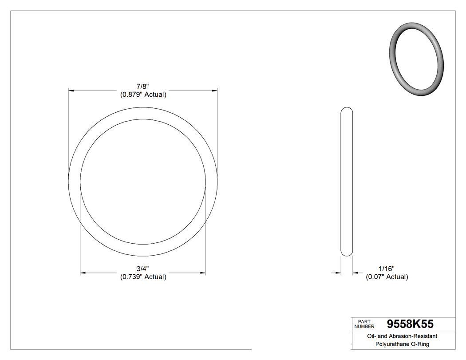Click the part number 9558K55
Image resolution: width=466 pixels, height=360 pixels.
(410, 324)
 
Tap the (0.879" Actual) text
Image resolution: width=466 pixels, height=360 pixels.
(143, 95)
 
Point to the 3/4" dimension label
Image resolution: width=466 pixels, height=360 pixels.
(143, 269)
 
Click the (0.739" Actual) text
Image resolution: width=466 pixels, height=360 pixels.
(143, 277)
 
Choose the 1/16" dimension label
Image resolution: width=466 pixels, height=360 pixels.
(387, 269)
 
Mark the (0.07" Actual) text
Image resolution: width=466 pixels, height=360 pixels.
(387, 277)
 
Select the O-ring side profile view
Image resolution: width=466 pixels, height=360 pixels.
(347, 182)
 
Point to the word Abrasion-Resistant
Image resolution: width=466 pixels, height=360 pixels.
(411, 336)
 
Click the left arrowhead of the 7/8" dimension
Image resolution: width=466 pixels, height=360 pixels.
(71, 91)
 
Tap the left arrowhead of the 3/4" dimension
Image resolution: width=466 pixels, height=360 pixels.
(83, 273)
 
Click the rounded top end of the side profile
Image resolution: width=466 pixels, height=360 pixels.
(347, 110)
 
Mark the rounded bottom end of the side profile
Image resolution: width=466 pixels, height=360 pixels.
(347, 253)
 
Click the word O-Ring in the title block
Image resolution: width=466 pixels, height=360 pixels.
(420, 344)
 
